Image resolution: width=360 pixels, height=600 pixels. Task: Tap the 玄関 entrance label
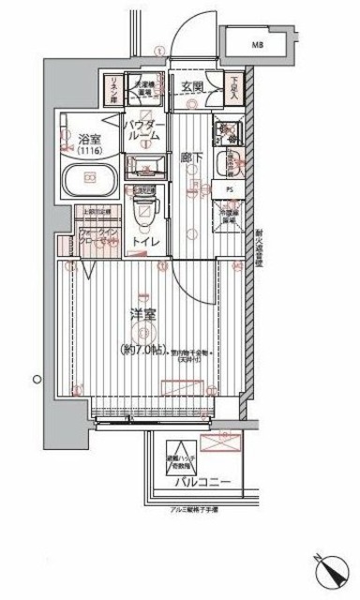pyautogui.click(x=193, y=86)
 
